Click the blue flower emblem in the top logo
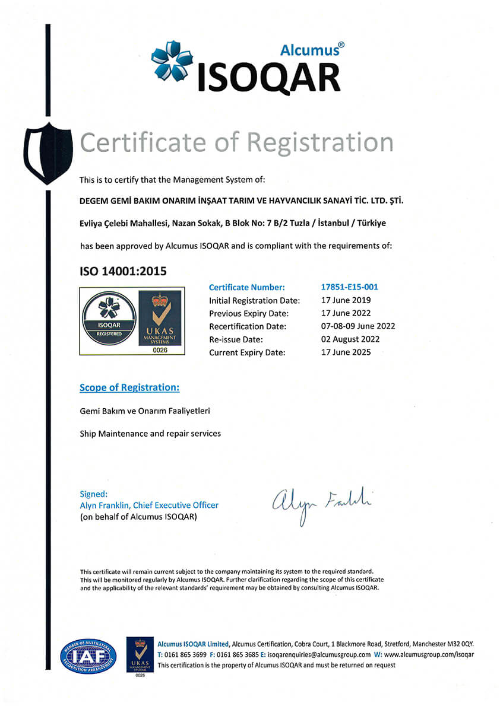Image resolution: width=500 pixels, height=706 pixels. [172, 61]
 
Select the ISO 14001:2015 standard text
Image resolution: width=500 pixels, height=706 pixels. [123, 271]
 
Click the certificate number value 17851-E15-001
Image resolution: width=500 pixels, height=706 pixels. [349, 287]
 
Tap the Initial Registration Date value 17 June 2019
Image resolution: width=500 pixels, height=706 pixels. [346, 300]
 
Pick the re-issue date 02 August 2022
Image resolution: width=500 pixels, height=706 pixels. [350, 339]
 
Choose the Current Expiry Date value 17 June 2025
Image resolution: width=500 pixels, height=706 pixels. [346, 352]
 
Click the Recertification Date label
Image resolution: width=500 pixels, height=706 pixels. [248, 326]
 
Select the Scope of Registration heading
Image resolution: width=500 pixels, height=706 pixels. [129, 388]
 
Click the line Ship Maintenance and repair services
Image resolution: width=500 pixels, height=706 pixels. [150, 434]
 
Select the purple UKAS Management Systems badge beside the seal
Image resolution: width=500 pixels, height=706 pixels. [159, 321]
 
